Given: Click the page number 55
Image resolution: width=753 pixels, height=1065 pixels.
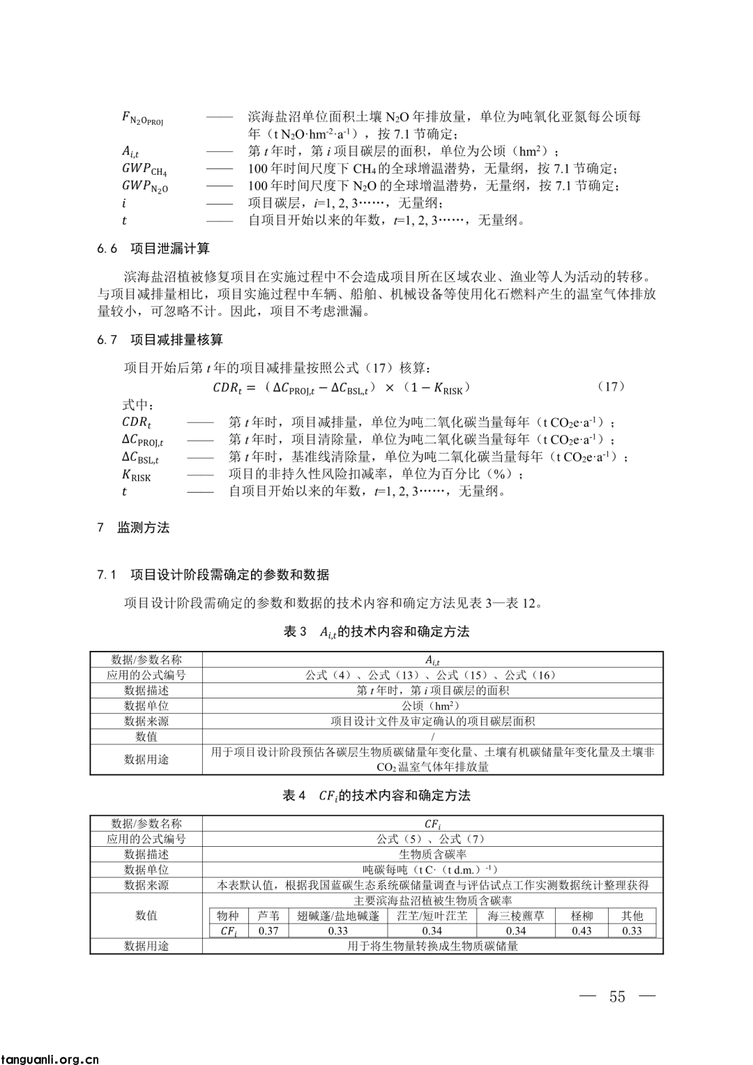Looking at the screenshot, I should [x=617, y=996].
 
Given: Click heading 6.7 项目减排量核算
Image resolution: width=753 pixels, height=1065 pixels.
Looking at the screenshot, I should [x=160, y=339].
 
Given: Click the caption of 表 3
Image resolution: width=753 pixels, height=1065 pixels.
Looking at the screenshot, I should [x=376, y=632].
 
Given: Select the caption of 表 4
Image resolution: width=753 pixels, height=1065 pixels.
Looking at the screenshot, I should [x=376, y=795].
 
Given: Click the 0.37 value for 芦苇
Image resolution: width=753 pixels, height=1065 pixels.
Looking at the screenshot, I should [x=268, y=930].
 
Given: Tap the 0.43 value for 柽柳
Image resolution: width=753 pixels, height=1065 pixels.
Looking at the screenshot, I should [x=581, y=930].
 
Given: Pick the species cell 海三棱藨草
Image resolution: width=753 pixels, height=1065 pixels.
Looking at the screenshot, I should [x=516, y=916].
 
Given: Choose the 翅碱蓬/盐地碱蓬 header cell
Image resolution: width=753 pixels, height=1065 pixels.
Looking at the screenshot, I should [x=338, y=916].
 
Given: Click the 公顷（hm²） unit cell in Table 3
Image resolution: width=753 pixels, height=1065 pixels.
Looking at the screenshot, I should [x=432, y=706].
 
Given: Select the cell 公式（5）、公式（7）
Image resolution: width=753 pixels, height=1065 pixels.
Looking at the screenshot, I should [x=432, y=839].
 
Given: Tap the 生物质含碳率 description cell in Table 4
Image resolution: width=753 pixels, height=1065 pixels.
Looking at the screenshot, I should [x=432, y=855].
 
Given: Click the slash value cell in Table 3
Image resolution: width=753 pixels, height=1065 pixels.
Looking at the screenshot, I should [x=432, y=737].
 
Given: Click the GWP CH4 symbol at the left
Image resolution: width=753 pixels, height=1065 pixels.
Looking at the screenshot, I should [x=144, y=169].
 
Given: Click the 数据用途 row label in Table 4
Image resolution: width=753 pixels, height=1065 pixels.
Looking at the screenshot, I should [x=146, y=946].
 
